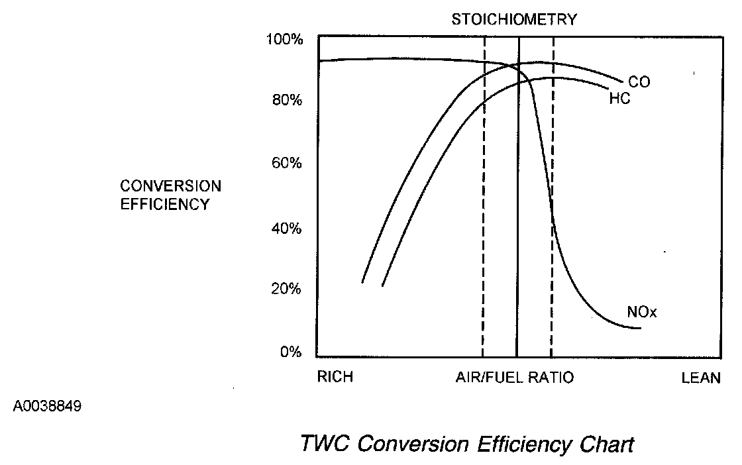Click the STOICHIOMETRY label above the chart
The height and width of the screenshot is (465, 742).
point(514,19)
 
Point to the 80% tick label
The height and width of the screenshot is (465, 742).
point(287,101)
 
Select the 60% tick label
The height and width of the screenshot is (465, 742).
point(287,163)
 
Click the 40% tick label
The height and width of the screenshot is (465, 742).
point(287,229)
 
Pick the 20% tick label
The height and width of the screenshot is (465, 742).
point(287,289)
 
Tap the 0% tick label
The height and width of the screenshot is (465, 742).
point(290,352)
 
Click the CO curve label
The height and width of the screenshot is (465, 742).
point(639,82)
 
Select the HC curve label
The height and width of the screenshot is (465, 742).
point(619,99)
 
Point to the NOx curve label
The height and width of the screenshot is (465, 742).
point(641,312)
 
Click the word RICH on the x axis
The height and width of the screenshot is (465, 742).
point(335,378)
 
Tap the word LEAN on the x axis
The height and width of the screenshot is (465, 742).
point(701,378)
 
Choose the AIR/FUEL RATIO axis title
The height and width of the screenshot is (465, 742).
point(515,378)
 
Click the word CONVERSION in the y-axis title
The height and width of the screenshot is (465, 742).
point(171,185)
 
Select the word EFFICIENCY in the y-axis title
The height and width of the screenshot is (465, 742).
point(164,204)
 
